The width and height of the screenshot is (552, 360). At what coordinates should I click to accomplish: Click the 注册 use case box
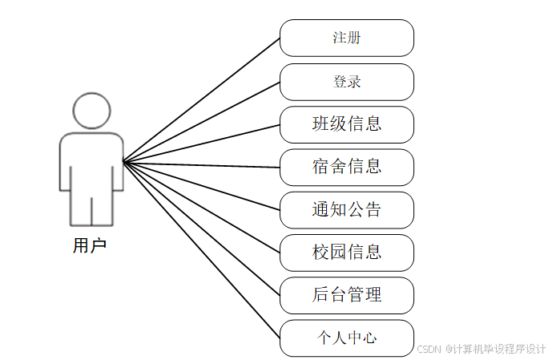click(x=346, y=38)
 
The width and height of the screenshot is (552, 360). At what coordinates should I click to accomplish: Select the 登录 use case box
click(x=346, y=81)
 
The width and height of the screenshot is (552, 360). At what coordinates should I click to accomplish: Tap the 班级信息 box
click(x=346, y=123)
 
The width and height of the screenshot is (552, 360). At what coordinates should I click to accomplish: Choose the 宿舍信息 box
click(x=346, y=167)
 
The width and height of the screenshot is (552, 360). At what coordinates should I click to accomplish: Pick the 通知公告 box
click(x=346, y=210)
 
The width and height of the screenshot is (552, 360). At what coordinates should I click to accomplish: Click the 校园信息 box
click(x=346, y=253)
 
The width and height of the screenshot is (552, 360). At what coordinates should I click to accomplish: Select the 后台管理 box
click(x=346, y=295)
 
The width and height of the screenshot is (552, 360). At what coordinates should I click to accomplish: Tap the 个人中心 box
click(x=346, y=338)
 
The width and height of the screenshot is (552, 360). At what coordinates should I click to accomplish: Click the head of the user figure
click(x=91, y=111)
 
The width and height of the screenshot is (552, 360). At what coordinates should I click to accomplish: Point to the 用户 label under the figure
click(x=90, y=246)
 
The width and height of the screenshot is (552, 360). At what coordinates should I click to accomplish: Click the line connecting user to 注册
click(x=201, y=100)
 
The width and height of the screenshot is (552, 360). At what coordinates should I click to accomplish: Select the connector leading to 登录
click(x=201, y=122)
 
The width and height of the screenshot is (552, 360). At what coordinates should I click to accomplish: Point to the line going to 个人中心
click(x=201, y=249)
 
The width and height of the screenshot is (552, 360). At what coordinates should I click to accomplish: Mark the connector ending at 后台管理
click(x=201, y=229)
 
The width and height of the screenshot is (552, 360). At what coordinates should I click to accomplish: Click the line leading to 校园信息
click(x=201, y=207)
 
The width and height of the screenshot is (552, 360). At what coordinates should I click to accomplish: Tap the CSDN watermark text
click(x=480, y=349)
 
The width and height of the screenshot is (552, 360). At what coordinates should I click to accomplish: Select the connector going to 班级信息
click(x=201, y=143)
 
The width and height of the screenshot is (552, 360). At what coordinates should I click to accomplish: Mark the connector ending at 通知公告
click(x=201, y=186)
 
